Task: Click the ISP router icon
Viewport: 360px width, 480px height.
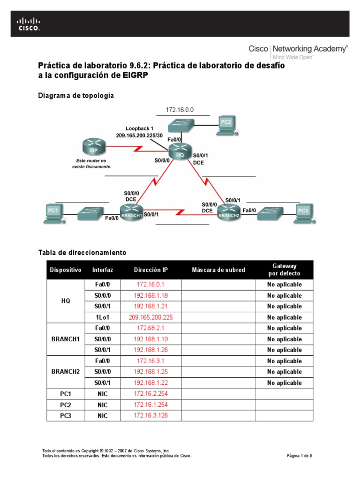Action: tap(93, 147)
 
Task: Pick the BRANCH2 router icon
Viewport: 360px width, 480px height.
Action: tap(228, 212)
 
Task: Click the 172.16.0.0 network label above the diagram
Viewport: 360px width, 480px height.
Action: tap(180, 110)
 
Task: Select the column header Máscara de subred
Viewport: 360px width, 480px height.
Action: tap(218, 270)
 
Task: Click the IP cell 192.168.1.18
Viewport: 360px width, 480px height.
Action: tap(150, 296)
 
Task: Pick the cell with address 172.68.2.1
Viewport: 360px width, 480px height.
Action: tap(150, 328)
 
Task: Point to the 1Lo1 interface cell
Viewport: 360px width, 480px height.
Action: tap(103, 317)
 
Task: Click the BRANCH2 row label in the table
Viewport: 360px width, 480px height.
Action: tap(65, 372)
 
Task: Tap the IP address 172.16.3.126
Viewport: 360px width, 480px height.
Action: tap(150, 415)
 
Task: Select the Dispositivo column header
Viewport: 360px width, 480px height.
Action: tap(65, 270)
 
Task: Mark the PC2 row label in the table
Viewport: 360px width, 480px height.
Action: tap(65, 405)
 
